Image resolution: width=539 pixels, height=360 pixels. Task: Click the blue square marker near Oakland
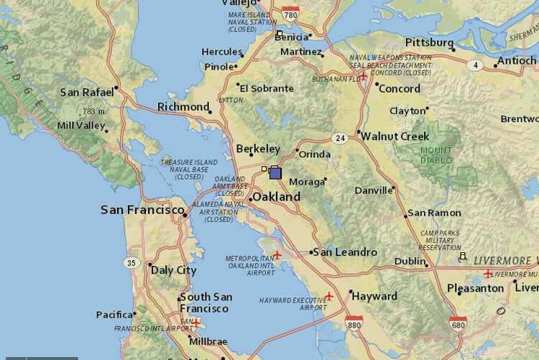pyautogui.click(x=275, y=173)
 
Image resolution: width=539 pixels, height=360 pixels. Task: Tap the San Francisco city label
pyautogui.click(x=142, y=210)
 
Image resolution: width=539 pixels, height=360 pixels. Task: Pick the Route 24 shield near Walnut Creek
pyautogui.click(x=340, y=137)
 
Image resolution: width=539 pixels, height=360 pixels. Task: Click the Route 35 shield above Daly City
pyautogui.click(x=131, y=263)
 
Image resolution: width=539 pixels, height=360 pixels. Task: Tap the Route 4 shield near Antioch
pyautogui.click(x=474, y=65)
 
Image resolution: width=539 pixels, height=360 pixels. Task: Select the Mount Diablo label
pyautogui.click(x=437, y=155)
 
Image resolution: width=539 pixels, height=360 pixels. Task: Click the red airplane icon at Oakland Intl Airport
pyautogui.click(x=277, y=255)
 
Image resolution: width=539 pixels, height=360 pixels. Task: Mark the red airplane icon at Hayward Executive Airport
pyautogui.click(x=329, y=295)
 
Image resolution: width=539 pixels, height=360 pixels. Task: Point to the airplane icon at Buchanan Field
pyautogui.click(x=364, y=76)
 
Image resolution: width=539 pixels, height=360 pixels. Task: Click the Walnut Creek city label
pyautogui.click(x=395, y=136)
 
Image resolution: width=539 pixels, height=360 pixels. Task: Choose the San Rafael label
pyautogui.click(x=86, y=92)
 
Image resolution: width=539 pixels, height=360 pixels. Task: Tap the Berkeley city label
pyautogui.click(x=258, y=149)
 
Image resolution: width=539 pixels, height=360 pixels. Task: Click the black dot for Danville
pyautogui.click(x=394, y=189)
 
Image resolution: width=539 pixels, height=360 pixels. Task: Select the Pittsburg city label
pyautogui.click(x=429, y=43)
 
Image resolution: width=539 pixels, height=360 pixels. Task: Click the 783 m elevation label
pyautogui.click(x=93, y=111)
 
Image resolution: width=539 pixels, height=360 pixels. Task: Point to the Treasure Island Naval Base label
pyautogui.click(x=189, y=169)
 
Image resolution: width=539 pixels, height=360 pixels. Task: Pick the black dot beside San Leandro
pyautogui.click(x=311, y=252)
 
